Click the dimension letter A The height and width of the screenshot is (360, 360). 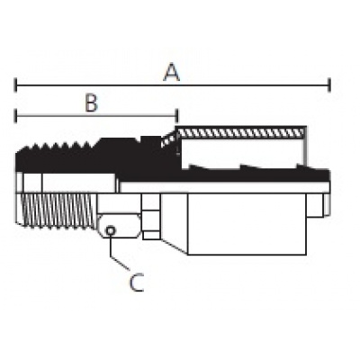tap(171, 73)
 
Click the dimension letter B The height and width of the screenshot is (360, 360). tap(92, 103)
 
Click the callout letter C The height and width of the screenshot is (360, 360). tap(137, 283)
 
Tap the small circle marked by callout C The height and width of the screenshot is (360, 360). tap(111, 230)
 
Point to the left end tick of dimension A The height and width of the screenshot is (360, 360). tap(15, 85)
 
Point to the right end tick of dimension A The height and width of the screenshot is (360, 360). tap(329, 85)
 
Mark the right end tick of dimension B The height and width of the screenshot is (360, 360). tap(177, 116)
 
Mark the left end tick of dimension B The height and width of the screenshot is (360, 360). tap(15, 116)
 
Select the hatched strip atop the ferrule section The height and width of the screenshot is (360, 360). tap(242, 131)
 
